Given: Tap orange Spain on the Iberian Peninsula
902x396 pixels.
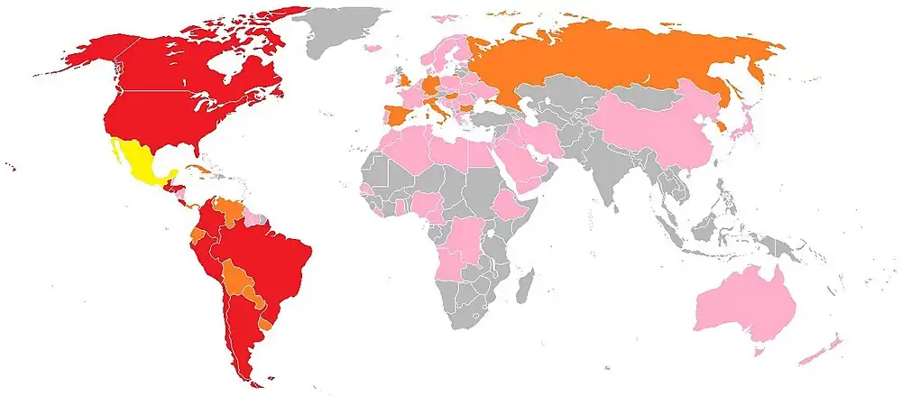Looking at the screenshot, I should point(397,117).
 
